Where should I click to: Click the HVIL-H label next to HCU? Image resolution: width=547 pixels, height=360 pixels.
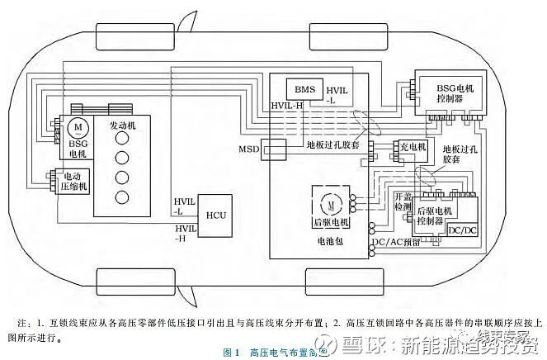[185, 232]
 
